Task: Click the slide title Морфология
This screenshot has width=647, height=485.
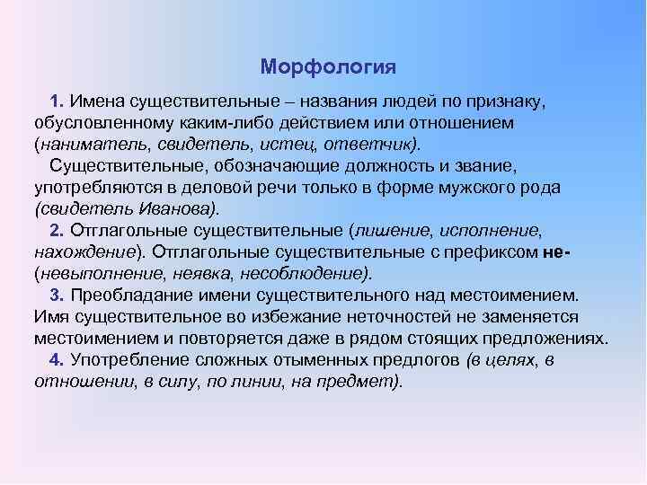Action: [328, 67]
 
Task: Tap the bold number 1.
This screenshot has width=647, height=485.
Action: [57, 98]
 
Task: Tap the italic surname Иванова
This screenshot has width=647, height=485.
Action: [176, 208]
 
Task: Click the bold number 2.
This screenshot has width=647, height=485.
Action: [57, 231]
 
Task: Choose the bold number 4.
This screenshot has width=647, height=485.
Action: [57, 361]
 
